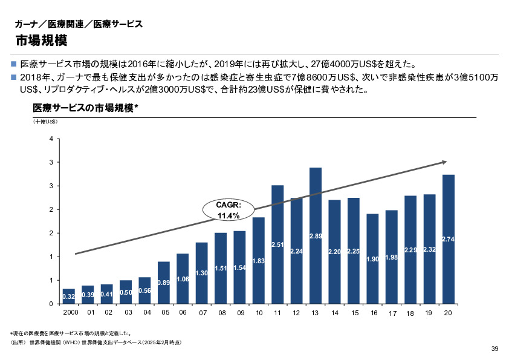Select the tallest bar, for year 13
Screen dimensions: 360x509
pos(316,235)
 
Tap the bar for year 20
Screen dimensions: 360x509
pos(448,239)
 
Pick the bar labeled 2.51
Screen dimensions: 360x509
pos(277,244)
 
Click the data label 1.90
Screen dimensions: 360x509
pos(372,259)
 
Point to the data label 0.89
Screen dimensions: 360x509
pos(163,283)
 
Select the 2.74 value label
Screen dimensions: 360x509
pos(448,240)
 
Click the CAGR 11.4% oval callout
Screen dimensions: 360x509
pos(229,210)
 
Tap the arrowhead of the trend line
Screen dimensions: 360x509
pos(444,162)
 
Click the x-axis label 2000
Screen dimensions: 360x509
pos(70,313)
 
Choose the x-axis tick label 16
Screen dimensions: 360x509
pos(374,313)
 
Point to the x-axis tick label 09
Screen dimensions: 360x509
pos(241,313)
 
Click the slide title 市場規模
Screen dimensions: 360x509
pos(41,41)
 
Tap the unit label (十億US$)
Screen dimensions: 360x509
pos(45,122)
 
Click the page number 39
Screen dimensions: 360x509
pos(494,349)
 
